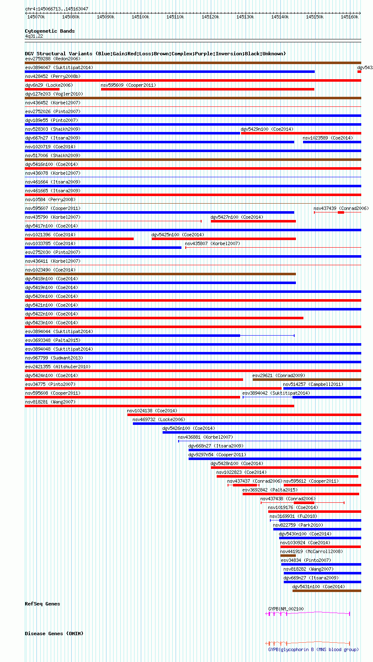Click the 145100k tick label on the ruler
(140, 17)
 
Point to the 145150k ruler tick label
(315, 17)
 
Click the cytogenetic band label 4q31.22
(34, 36)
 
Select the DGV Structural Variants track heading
(155, 54)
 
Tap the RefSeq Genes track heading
(42, 604)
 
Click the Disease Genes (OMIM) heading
(54, 634)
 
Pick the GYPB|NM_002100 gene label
(286, 609)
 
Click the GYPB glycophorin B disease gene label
(313, 649)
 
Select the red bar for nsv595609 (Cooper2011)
(207, 89)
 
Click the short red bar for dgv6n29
(42, 89)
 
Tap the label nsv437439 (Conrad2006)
(341, 208)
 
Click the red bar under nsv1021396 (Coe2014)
(79, 239)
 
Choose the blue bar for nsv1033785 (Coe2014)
(103, 248)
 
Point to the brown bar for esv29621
(307, 380)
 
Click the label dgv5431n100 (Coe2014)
(319, 587)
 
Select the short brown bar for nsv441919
(288, 556)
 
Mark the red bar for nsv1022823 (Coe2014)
(287, 476)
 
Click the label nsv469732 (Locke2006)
(159, 419)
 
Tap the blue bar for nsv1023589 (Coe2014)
(332, 142)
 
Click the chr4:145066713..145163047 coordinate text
(57, 9)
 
